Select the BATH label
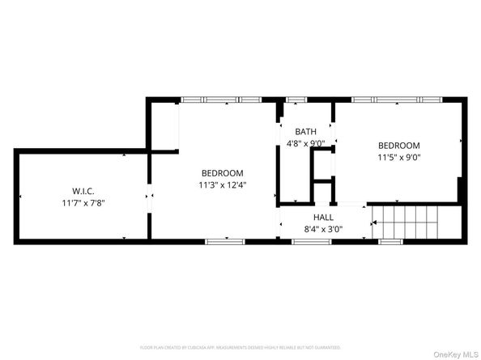tap(305, 132)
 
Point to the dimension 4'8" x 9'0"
tap(305, 143)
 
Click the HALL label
tap(323, 218)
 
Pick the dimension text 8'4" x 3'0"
tap(323, 229)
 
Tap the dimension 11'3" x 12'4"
tap(223, 184)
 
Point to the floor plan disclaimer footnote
tap(240, 347)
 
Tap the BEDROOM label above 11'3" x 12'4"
tap(223, 173)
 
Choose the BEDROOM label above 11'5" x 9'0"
tap(399, 146)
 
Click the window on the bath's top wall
tap(296, 100)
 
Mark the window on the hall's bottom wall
tap(312, 241)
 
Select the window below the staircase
tap(392, 241)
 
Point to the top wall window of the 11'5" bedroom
tap(406, 100)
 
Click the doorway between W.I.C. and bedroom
tap(148, 196)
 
